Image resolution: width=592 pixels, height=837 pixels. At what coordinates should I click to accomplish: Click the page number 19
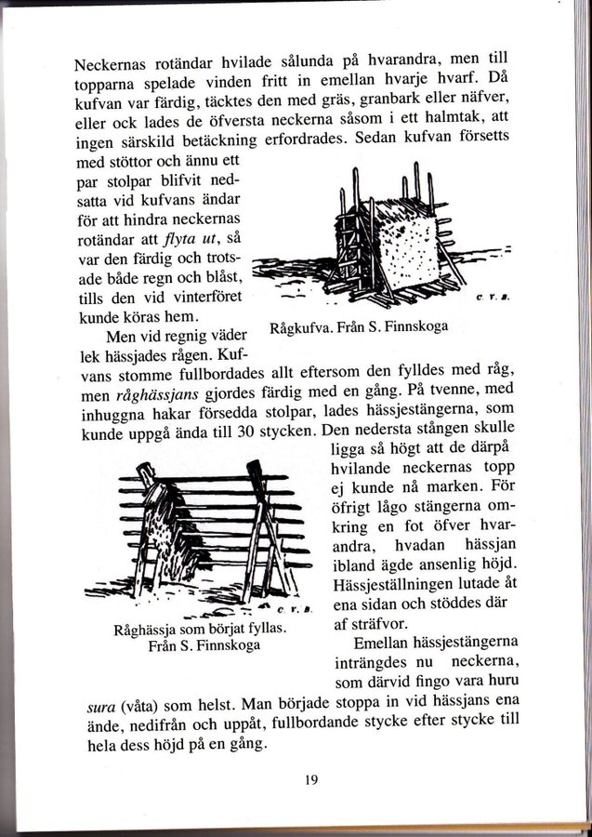(x=310, y=780)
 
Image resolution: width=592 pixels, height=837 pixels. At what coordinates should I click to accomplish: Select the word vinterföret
(x=198, y=298)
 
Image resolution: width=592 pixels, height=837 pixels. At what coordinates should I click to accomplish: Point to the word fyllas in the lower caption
(x=260, y=628)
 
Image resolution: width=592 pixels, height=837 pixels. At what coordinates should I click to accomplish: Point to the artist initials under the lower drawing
(x=297, y=608)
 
